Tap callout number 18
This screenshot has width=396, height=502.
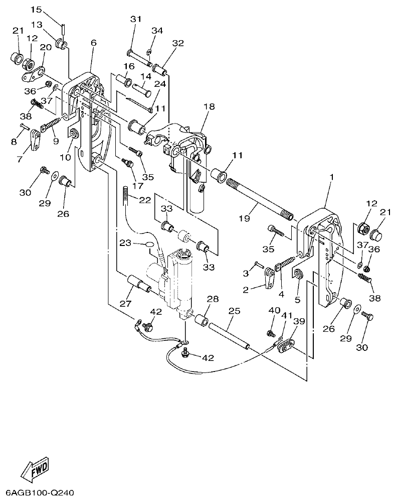coord(209,106)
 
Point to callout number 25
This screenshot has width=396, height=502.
coord(234,311)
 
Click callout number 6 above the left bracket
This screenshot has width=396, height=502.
coord(93,43)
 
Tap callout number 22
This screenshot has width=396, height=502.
coord(144,200)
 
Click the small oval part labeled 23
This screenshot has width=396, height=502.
coord(150,244)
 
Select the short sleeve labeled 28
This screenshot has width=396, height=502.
coord(202,320)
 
